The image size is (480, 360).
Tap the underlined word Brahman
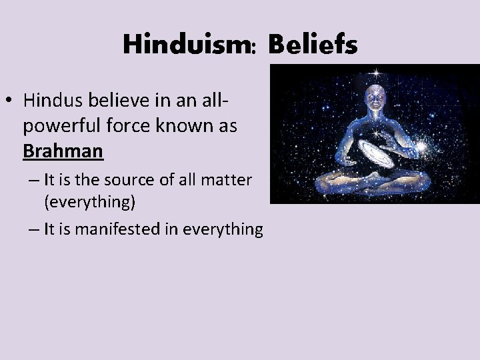(63, 151)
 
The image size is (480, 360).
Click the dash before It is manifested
(35, 230)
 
